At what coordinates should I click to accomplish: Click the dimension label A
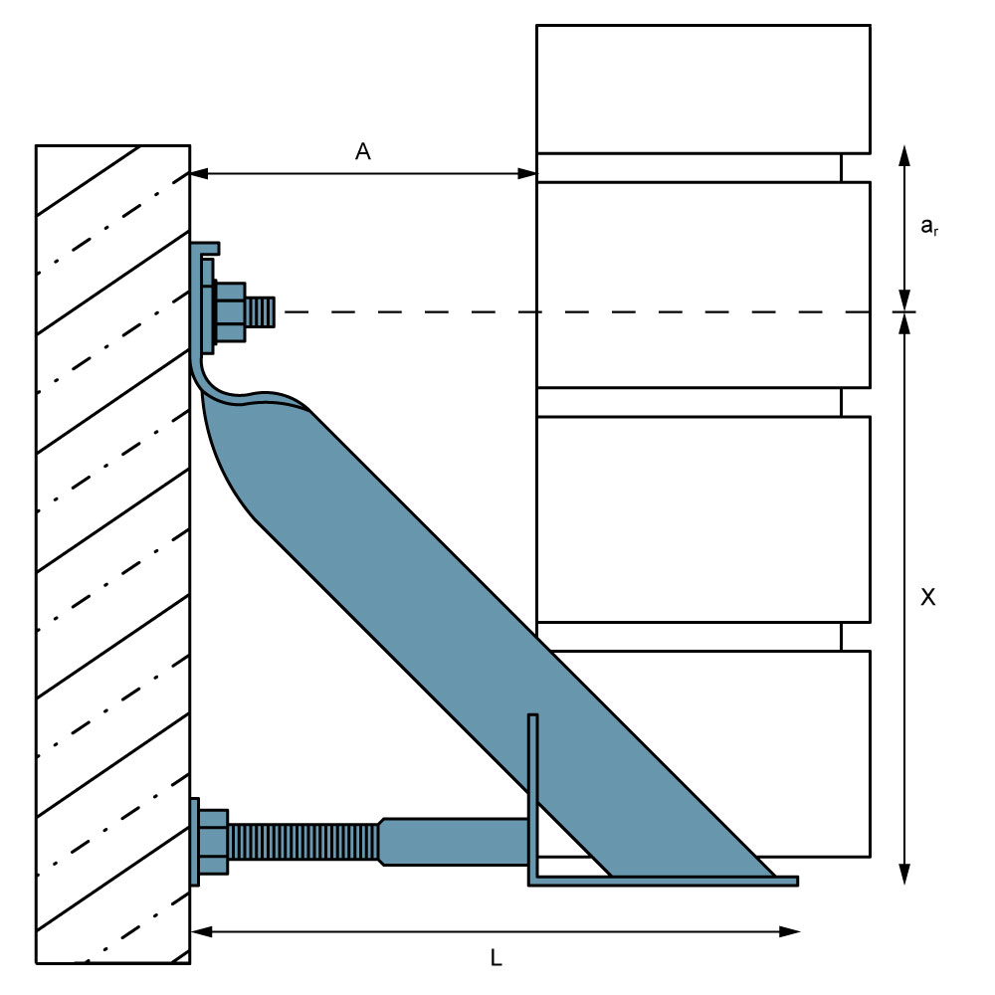point(362,151)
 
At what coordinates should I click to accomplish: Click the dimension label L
point(497,957)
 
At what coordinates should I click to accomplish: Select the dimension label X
point(927,596)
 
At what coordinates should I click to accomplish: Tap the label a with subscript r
point(929,226)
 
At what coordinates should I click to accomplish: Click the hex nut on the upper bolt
point(229,312)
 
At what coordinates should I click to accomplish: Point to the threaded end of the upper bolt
point(260,312)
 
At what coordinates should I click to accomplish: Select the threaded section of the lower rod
point(303,842)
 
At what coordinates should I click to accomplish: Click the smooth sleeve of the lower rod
point(454,842)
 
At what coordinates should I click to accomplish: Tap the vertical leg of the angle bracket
point(533,796)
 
